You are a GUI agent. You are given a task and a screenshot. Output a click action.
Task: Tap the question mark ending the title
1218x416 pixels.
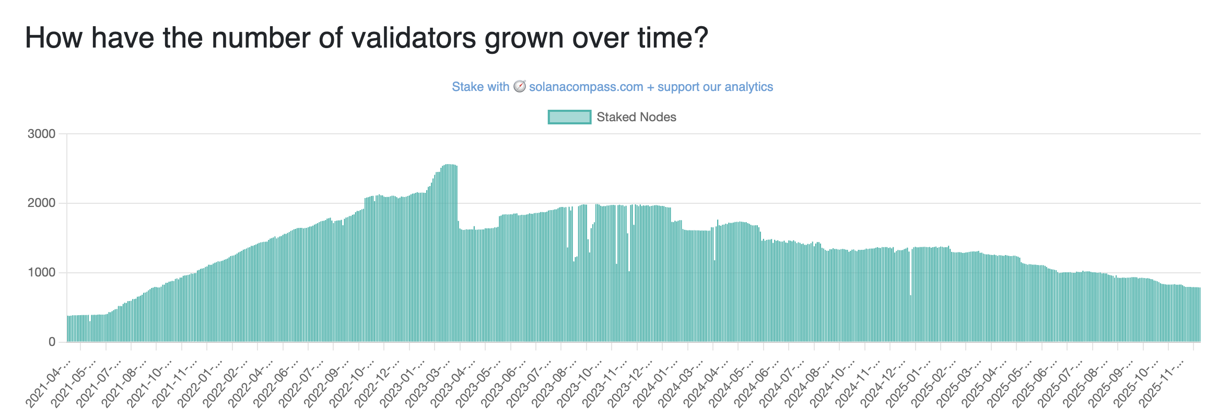(x=701, y=38)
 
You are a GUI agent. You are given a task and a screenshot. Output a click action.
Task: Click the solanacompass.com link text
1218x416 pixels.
(x=585, y=87)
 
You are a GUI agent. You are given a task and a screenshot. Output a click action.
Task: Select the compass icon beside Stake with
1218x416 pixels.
(x=519, y=86)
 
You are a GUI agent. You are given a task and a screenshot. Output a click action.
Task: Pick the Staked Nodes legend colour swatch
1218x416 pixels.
(x=569, y=117)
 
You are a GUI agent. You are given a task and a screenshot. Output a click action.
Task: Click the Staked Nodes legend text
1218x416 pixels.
(x=636, y=117)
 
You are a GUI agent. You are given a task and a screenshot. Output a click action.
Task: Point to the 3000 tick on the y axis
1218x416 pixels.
(x=41, y=134)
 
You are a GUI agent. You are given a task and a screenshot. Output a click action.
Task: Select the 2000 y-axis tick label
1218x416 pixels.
(x=41, y=203)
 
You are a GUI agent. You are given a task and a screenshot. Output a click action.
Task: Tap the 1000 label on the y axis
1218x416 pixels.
(x=41, y=273)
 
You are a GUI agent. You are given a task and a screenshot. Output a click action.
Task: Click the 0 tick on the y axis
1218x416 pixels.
(x=52, y=342)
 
